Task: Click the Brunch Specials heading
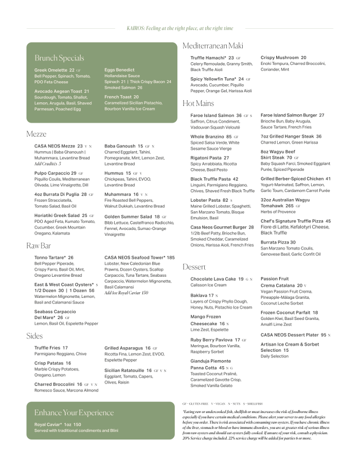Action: click(59, 58)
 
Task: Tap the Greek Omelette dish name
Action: click(50, 70)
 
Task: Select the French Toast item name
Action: click(118, 97)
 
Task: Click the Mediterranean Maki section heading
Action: click(213, 46)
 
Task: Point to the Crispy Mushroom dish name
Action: click(279, 58)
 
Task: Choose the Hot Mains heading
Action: click(198, 103)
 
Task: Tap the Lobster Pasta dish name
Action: click(205, 200)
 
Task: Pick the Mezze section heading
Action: click(36, 134)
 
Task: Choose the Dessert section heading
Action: click(194, 267)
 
